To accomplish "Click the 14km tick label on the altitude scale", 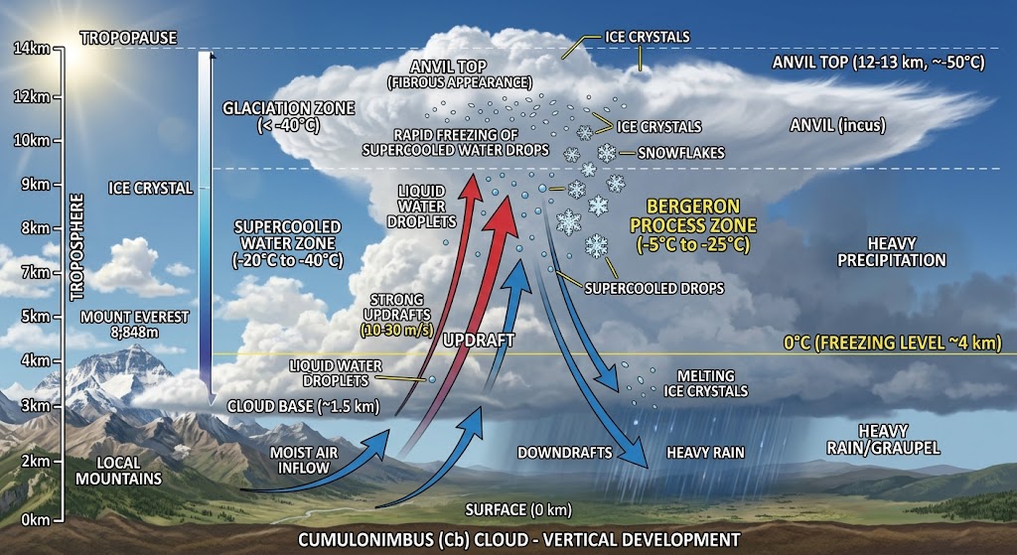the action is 31,48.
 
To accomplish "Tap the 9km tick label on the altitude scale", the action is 35,184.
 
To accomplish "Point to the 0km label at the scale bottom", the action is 35,519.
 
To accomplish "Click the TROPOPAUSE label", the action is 128,38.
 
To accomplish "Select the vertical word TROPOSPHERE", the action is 77,246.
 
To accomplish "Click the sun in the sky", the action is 77,52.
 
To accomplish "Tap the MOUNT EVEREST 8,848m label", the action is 135,325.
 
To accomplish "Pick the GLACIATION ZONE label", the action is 289,116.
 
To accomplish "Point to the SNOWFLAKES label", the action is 681,153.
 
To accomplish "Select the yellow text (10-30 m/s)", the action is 397,329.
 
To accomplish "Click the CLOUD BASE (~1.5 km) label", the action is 303,406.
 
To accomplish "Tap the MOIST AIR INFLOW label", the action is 304,460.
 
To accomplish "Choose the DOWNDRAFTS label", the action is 564,452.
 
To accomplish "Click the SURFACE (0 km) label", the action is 518,509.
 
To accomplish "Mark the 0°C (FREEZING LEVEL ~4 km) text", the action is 893,343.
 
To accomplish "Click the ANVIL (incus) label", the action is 837,125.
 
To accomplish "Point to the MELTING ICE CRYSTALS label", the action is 706,383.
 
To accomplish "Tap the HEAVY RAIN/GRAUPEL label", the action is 883,439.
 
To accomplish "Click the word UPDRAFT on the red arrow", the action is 479,340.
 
